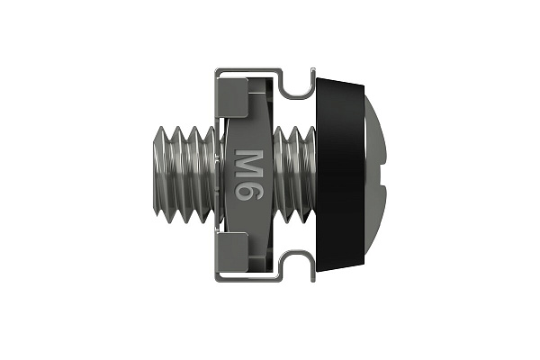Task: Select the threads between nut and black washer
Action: (292, 175)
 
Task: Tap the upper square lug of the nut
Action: (232, 94)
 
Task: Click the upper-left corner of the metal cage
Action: (216, 71)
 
